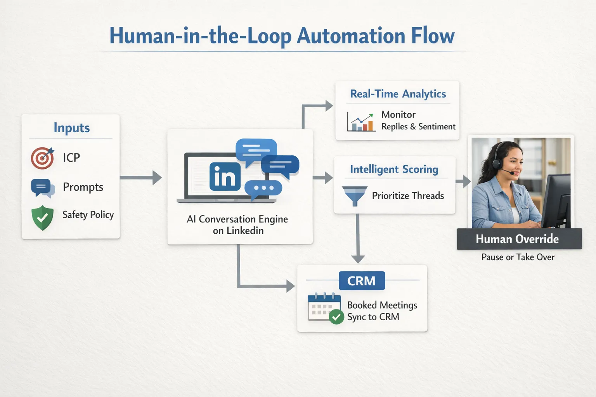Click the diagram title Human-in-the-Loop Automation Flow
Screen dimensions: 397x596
point(282,36)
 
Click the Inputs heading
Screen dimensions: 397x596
point(71,128)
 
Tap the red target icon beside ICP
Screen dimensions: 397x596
point(42,158)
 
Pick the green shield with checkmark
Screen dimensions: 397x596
point(42,217)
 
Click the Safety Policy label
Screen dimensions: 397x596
point(88,215)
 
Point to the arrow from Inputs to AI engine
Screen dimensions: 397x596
point(140,178)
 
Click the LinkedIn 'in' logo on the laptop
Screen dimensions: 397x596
point(225,177)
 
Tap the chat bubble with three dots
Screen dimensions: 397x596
point(263,188)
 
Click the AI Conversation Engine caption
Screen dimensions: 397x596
point(237,225)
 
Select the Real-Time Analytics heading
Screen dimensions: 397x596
point(398,94)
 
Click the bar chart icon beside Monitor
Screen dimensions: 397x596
point(361,122)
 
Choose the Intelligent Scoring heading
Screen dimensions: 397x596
point(394,169)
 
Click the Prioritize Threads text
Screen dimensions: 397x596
point(408,196)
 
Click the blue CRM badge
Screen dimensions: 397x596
point(362,281)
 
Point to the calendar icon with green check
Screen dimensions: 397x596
point(325,308)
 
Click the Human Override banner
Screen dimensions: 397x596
point(519,239)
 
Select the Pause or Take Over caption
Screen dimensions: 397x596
point(518,257)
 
